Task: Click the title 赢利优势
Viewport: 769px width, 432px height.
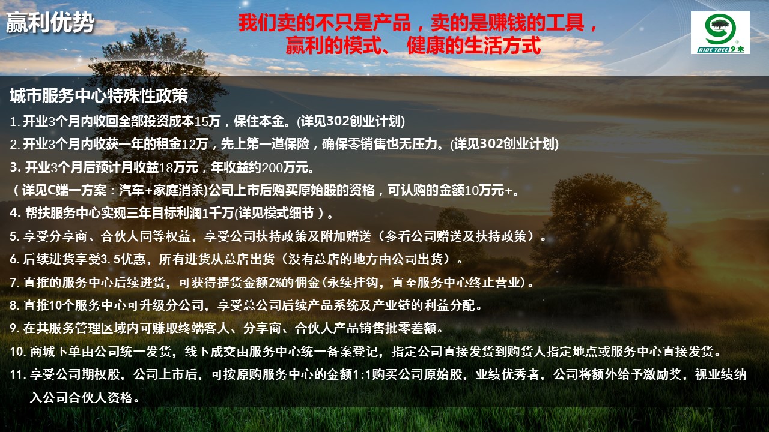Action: pos(50,23)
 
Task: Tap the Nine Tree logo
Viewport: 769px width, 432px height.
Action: pos(720,32)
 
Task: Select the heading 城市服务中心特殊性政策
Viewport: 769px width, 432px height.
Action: pos(99,95)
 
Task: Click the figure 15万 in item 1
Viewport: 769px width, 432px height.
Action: pos(207,121)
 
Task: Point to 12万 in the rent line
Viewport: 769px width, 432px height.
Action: pos(195,144)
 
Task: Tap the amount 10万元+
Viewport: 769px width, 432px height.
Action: pos(488,190)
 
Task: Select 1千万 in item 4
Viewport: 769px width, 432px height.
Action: pos(218,213)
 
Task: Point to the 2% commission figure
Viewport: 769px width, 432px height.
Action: pos(275,282)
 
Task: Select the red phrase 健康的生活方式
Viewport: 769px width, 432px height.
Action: pos(474,45)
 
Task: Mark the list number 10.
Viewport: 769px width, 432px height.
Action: pos(16,352)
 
